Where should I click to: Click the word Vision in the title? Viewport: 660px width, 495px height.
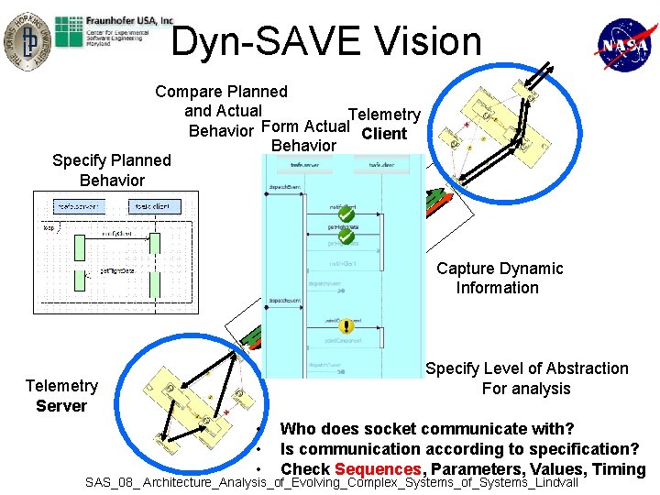(421, 41)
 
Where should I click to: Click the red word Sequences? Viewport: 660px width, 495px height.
(377, 469)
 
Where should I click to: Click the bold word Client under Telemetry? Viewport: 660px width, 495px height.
(384, 134)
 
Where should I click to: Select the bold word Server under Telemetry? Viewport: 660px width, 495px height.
(61, 406)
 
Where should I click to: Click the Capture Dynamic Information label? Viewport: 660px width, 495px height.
(500, 278)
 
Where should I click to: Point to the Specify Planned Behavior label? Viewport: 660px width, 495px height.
(112, 170)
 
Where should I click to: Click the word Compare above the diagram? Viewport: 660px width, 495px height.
(189, 92)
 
